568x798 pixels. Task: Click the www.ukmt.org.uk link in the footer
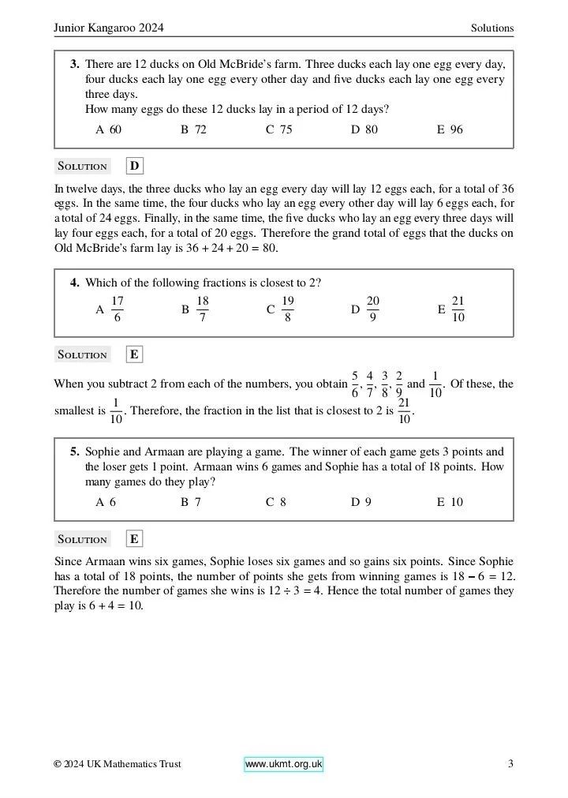pos(283,764)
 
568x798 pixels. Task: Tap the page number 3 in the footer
pos(510,764)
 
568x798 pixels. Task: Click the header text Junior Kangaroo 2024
pos(109,28)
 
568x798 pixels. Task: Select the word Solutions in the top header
pos(492,28)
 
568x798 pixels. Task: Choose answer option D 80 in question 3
pos(364,129)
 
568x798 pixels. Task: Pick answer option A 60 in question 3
pos(109,129)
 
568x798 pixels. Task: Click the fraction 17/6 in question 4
pos(117,309)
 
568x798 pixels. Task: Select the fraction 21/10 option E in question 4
pos(458,309)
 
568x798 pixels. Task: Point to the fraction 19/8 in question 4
pos(288,309)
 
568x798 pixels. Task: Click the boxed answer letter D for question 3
pos(135,166)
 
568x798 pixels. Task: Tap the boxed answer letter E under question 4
pos(135,354)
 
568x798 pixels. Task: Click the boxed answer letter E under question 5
pos(135,539)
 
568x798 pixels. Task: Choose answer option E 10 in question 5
pos(450,502)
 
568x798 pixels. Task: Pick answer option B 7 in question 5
pos(191,502)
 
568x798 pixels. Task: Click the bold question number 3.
pos(74,63)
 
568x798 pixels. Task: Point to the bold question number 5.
pos(74,452)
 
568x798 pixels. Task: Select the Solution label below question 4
pos(82,355)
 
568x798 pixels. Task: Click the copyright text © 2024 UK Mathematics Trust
pos(118,764)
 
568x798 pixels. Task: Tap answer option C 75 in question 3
pos(279,129)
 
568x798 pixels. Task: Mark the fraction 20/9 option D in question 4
pos(373,309)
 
